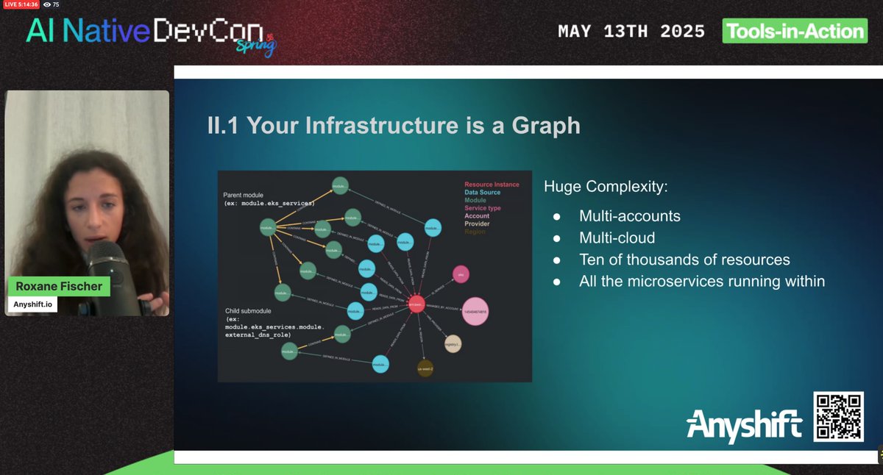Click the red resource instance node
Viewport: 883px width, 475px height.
416,304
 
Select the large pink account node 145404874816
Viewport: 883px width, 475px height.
475,312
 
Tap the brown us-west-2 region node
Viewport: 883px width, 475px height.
425,367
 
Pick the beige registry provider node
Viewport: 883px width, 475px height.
453,343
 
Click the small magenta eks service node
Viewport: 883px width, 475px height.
461,274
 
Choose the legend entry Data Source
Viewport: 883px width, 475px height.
482,193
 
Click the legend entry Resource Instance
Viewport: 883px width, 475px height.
492,185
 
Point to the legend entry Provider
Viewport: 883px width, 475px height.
477,224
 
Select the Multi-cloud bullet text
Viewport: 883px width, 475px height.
617,238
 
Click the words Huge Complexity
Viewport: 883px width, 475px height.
606,187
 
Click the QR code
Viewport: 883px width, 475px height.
838,417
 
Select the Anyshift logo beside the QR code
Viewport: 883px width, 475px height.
744,425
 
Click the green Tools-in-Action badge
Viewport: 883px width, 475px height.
795,31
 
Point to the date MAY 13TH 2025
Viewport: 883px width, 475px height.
631,32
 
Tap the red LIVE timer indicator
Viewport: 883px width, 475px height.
21,4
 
